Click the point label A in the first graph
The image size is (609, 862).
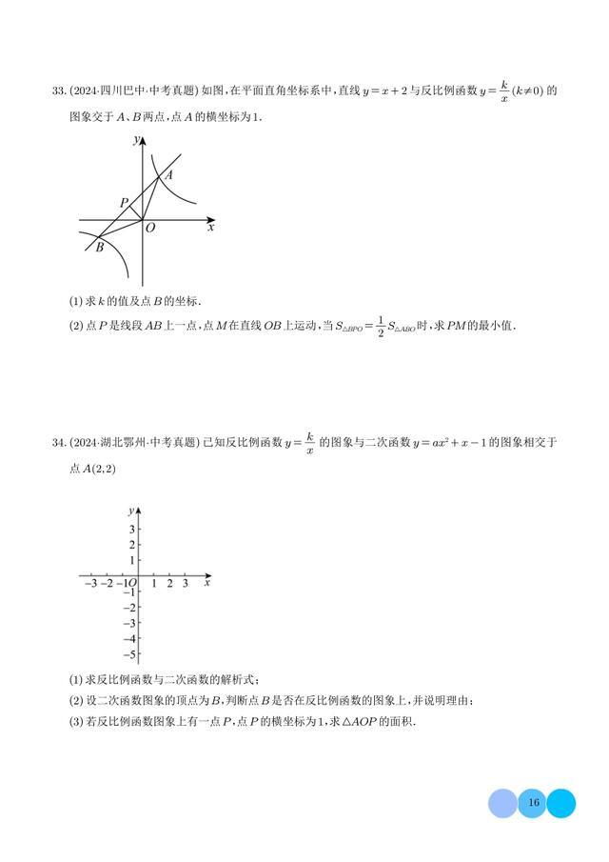click(x=168, y=175)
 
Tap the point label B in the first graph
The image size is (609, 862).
click(x=99, y=248)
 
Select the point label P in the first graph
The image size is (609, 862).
click(x=124, y=203)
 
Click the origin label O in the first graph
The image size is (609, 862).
click(x=150, y=229)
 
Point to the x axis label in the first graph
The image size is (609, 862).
click(x=210, y=228)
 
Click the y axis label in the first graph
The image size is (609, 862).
click(x=137, y=140)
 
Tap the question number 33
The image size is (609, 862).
click(x=58, y=91)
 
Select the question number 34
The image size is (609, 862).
click(x=58, y=442)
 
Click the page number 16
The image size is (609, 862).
click(x=533, y=803)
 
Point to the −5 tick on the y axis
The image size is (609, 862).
click(x=129, y=654)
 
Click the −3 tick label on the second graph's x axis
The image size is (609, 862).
click(x=89, y=583)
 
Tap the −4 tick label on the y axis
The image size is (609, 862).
click(x=129, y=638)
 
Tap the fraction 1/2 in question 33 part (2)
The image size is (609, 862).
click(x=380, y=325)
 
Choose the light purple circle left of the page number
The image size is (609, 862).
click(x=502, y=803)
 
